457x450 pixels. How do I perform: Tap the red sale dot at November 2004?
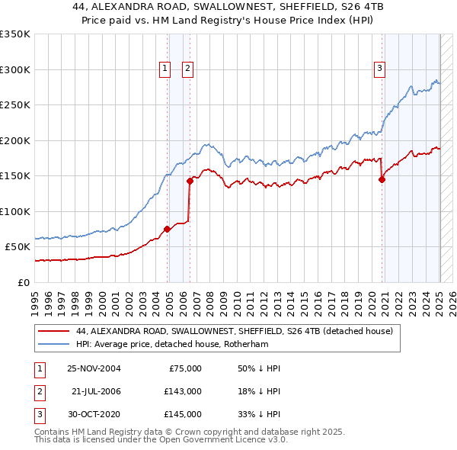[168, 229]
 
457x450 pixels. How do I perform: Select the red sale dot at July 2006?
[190, 181]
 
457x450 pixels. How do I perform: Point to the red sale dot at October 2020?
[382, 180]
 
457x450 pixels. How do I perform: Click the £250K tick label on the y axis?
[15, 105]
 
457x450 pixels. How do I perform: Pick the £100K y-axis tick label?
[15, 211]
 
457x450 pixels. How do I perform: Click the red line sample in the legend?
[53, 331]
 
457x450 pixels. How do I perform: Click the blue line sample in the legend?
[53, 344]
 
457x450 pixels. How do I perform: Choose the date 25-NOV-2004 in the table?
[94, 368]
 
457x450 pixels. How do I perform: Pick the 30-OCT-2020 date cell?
[94, 414]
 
